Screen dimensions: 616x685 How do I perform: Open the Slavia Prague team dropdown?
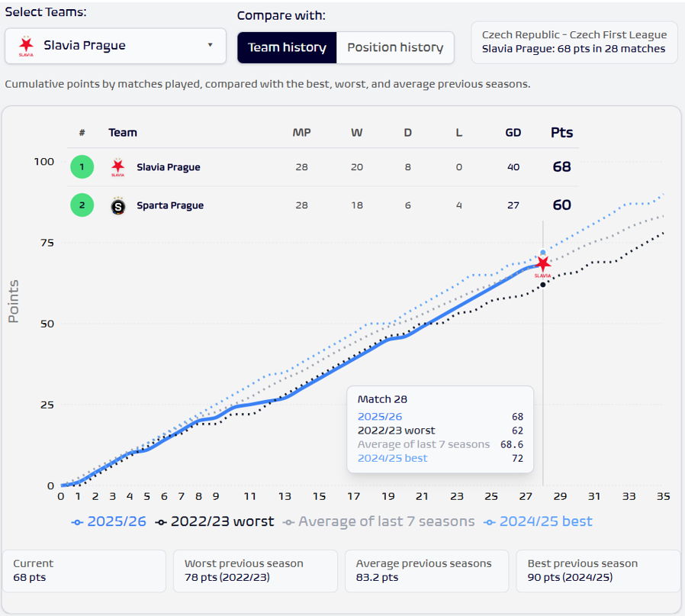click(x=115, y=46)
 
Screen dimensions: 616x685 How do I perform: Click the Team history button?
click(x=287, y=47)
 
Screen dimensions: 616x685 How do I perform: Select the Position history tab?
click(x=395, y=47)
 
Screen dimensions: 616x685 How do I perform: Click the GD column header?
click(x=513, y=133)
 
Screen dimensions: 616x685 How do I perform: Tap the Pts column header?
click(x=561, y=133)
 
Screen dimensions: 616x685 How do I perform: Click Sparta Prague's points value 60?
click(x=561, y=205)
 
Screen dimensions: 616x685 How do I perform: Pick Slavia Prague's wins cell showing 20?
click(x=356, y=167)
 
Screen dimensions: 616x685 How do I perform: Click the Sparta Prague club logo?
click(x=117, y=206)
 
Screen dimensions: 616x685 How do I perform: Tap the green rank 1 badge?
click(x=82, y=167)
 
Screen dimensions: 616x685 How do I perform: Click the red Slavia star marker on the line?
click(x=543, y=264)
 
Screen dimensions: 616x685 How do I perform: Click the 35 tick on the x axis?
click(x=663, y=496)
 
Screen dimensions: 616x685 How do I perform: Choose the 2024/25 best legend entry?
click(x=539, y=522)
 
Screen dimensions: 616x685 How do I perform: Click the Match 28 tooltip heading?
click(x=383, y=399)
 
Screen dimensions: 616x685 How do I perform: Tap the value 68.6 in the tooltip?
click(x=511, y=444)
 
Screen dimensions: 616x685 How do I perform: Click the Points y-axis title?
click(x=14, y=301)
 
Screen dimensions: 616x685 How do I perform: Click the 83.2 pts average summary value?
click(x=377, y=578)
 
